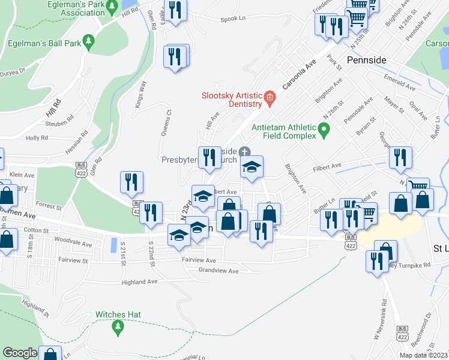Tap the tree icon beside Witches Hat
click(118, 326)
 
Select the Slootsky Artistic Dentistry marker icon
click(270, 97)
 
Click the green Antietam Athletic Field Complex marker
click(324, 128)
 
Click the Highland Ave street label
click(139, 281)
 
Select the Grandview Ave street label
click(218, 271)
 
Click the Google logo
click(20, 353)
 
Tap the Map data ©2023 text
click(423, 355)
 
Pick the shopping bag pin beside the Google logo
click(50, 354)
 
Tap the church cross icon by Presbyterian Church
click(244, 151)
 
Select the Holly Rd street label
click(37, 137)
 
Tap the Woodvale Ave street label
click(72, 245)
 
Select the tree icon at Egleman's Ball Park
click(89, 40)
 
